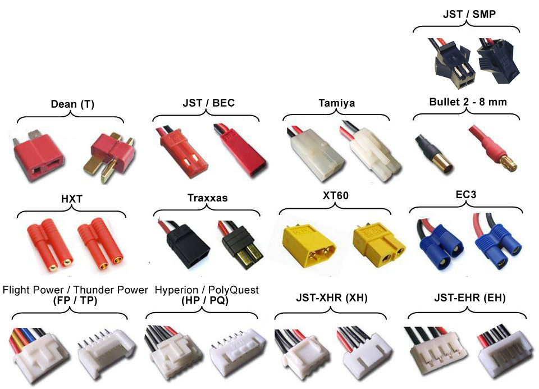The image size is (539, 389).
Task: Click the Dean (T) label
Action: [x=71, y=104]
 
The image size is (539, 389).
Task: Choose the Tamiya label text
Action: [x=335, y=103]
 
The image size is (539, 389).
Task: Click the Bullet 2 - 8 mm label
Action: [x=467, y=102]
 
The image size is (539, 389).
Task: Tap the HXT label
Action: [x=71, y=199]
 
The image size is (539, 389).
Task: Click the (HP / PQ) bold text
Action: [x=206, y=300]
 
